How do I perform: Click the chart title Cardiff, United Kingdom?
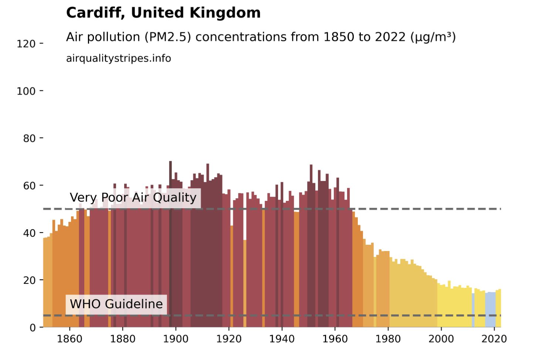coord(163,13)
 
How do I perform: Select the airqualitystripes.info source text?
coord(118,59)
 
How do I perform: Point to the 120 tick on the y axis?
coord(26,44)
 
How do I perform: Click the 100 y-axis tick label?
coord(26,91)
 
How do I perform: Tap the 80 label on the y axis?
coord(29,138)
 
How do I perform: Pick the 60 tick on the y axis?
coord(29,186)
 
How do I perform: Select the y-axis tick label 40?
coord(29,233)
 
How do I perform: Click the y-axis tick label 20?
coord(29,280)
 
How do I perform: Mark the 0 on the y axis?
coord(33,328)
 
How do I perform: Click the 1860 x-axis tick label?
coord(69,339)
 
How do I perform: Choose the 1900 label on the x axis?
coord(176,339)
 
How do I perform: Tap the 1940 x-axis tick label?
coord(282,339)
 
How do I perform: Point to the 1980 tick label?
coord(388,339)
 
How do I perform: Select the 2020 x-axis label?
coord(494,339)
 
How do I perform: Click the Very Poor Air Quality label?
coord(133,198)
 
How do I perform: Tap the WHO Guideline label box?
coord(116,304)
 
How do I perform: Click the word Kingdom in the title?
coord(225,13)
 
